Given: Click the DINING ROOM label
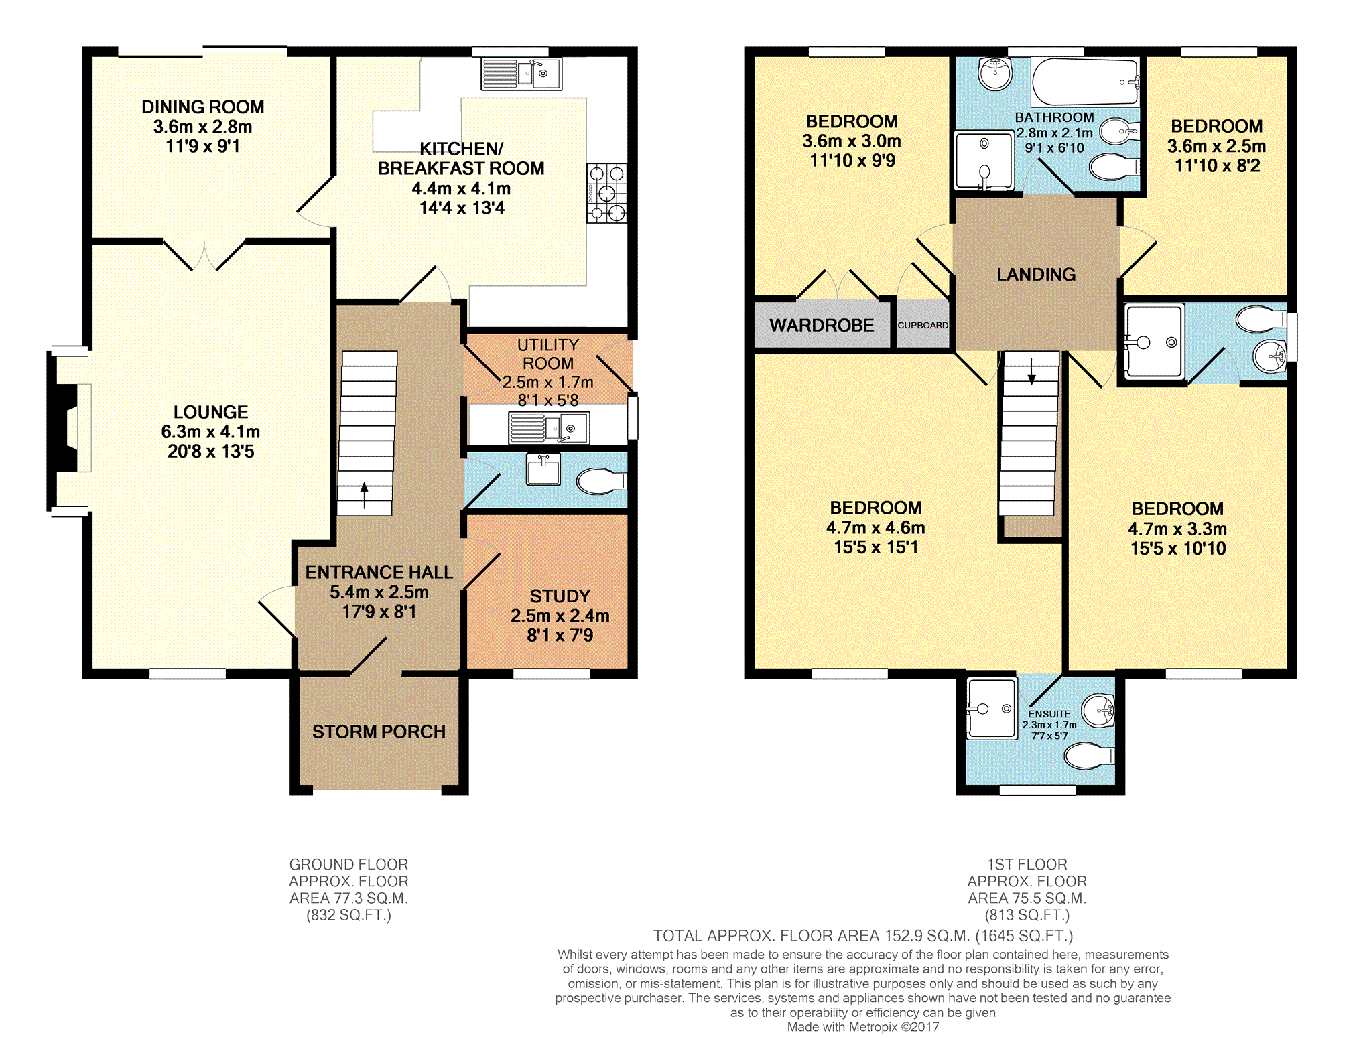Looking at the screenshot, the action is tap(202, 107).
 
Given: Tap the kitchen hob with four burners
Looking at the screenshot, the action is tap(606, 193).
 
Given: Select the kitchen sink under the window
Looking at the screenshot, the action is tap(521, 74).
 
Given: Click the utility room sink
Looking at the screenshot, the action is tap(549, 427).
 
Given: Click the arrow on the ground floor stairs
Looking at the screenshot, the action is tap(364, 496).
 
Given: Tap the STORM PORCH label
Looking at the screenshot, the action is tap(379, 732).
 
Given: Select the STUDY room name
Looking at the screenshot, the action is tap(560, 596).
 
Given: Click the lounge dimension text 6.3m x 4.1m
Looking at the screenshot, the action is tap(210, 432).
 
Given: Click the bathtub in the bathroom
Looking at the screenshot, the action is tap(1085, 82).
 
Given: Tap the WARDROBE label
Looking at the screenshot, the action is tap(822, 326).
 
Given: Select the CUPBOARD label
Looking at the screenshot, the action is tap(923, 325).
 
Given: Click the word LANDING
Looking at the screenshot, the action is tap(1036, 275).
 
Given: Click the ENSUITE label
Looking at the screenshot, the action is tap(1049, 714).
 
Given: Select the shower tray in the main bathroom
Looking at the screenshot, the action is tap(984, 161).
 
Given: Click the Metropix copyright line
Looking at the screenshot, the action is tap(863, 1027).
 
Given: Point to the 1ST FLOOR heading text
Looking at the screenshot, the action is tap(1027, 864).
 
